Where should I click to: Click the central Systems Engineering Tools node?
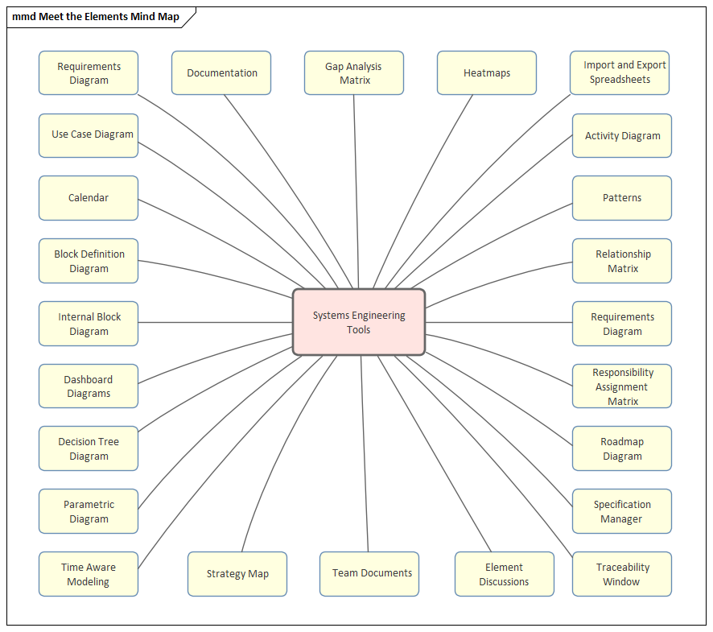pos(358,322)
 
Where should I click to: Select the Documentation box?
pos(221,73)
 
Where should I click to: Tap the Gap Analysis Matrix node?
pos(354,73)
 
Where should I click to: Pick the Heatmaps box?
pos(487,73)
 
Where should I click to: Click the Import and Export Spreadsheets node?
pos(620,72)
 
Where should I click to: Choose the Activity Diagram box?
pos(622,136)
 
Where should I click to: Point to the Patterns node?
pos(622,198)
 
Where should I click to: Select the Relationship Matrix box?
pos(622,261)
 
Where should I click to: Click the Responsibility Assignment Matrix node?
pos(622,386)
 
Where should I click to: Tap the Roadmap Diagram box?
pos(622,448)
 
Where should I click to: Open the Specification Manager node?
pos(622,511)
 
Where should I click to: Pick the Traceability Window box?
pos(622,574)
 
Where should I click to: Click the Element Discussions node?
pos(505,574)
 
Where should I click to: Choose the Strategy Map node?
pos(237,574)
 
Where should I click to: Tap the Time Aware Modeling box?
pos(89,574)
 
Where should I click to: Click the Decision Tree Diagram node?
pos(89,448)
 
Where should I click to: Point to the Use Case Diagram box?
pos(89,135)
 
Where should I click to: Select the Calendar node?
pos(89,198)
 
